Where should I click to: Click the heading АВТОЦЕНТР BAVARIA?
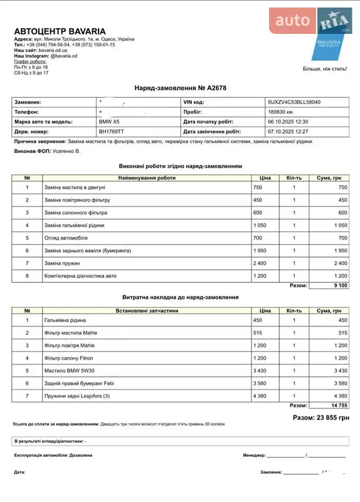tap(60, 31)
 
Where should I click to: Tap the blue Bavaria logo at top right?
tap(329, 39)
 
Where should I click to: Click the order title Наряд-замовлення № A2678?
tap(180, 88)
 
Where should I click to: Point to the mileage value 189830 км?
tap(282, 112)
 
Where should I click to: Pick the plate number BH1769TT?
tap(112, 132)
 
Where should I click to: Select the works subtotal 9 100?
tap(336, 286)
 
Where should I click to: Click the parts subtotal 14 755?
tap(336, 405)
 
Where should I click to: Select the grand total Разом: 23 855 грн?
tap(320, 417)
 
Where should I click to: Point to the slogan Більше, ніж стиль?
tap(324, 68)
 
